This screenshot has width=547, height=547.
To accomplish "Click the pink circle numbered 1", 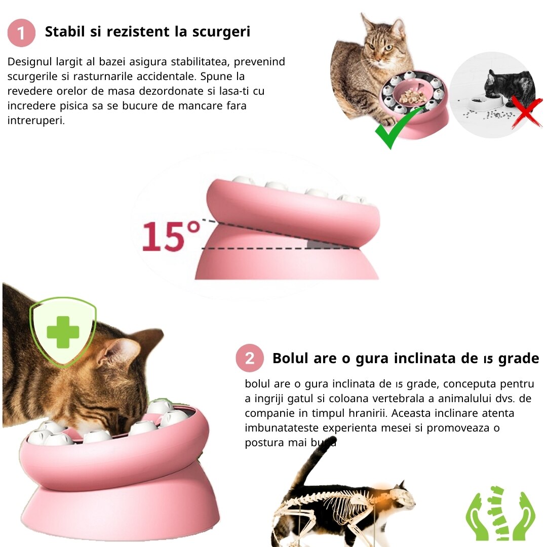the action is pyautogui.click(x=21, y=33).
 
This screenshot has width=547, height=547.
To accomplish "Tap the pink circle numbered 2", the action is pyautogui.click(x=249, y=358).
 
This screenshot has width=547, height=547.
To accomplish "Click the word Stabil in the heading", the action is pyautogui.click(x=65, y=31).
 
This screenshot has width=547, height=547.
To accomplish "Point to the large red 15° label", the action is pyautogui.click(x=171, y=236).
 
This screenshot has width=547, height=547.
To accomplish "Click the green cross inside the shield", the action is pyautogui.click(x=63, y=332).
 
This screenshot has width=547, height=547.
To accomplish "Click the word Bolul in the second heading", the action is pyautogui.click(x=291, y=358).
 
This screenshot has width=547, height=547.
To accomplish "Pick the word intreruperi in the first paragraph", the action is pyautogui.click(x=36, y=121).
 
